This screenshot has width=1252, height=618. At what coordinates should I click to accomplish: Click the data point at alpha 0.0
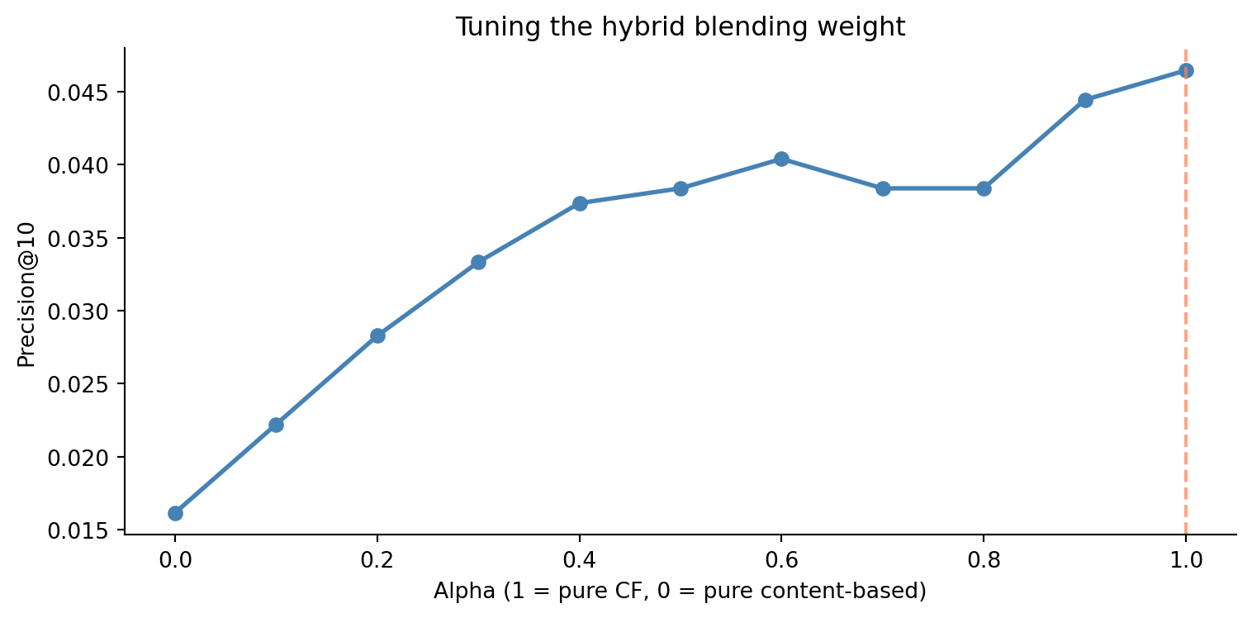[175, 513]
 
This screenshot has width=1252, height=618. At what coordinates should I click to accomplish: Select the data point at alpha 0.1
[276, 425]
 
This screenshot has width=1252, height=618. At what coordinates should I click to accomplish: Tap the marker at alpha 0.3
[478, 262]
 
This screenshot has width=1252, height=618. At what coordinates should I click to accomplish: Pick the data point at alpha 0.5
[681, 188]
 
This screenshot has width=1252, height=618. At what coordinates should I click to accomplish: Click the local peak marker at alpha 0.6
[781, 159]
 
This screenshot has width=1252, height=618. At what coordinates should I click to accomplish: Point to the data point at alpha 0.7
[883, 188]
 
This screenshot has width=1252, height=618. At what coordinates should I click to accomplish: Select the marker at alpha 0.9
[1085, 100]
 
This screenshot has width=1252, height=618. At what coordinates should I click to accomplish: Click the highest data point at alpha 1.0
[1186, 71]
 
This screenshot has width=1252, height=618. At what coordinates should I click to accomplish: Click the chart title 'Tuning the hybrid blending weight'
[681, 27]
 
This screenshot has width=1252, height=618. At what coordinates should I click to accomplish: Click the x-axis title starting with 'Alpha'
[680, 592]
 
